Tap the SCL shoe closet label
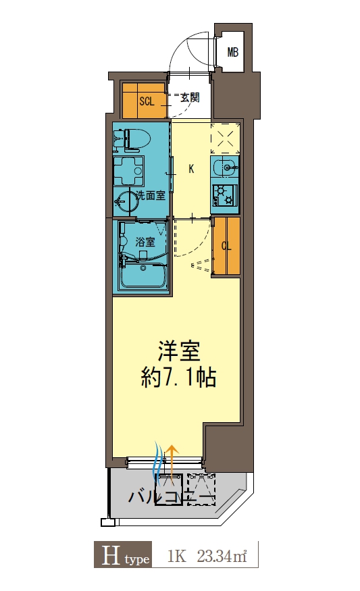coord(147,102)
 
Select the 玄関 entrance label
coord(189,98)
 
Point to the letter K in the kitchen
coord(191,169)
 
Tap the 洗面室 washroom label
coord(151,196)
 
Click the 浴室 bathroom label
coord(145,241)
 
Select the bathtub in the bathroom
coord(143,277)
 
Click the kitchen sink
coord(224,166)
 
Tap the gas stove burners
coord(224,195)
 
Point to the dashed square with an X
coord(226,138)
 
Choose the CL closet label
coord(226,247)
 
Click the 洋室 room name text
coord(180,352)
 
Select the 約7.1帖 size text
coord(179,378)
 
